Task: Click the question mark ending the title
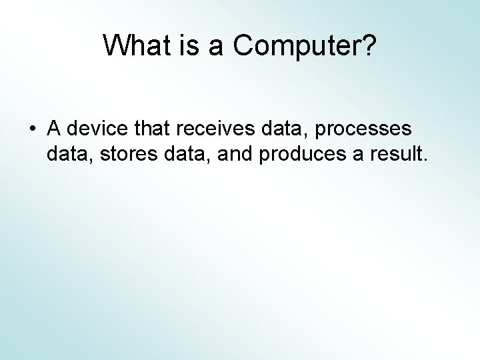click(369, 45)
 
